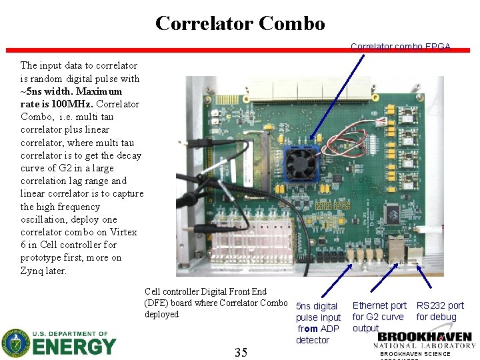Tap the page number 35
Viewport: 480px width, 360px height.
(241, 352)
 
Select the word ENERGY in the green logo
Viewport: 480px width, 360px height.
(74, 347)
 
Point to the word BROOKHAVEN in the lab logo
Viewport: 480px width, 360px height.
(425, 337)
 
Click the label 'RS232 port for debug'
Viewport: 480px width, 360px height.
(439, 311)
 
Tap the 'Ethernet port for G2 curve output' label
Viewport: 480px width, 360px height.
(379, 317)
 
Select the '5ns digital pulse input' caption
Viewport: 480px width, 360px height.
(318, 312)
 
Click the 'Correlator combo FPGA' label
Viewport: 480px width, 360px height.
(401, 47)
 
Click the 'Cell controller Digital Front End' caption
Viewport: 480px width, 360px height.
(205, 291)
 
